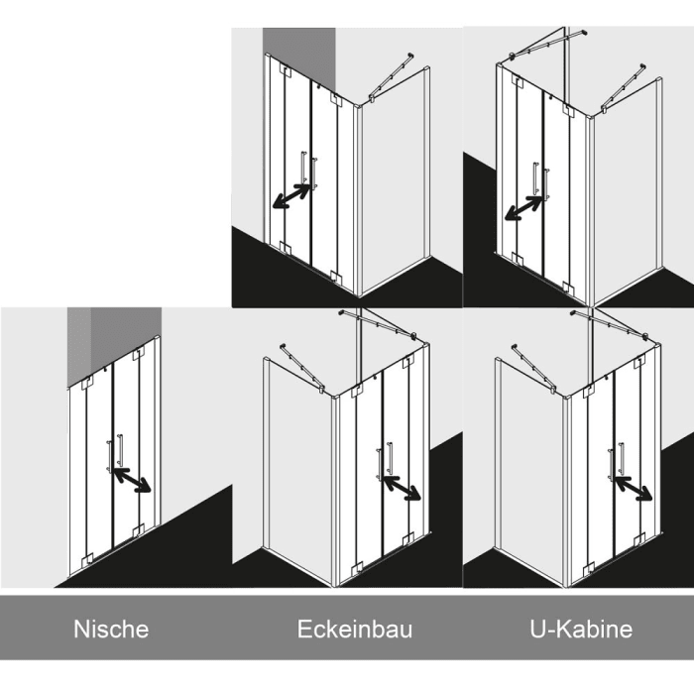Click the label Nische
click(x=111, y=629)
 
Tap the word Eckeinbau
click(x=355, y=629)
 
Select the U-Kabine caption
click(x=581, y=629)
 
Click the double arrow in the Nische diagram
click(x=132, y=480)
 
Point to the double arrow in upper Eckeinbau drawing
click(x=291, y=196)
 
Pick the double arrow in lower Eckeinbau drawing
click(x=402, y=488)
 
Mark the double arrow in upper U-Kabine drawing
click(x=524, y=208)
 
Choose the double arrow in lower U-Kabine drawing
click(x=634, y=488)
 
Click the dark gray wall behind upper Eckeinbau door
click(x=299, y=54)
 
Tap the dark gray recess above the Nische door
click(x=114, y=341)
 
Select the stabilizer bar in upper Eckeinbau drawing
click(x=392, y=77)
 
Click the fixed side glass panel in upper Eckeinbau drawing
click(x=394, y=181)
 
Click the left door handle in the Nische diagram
click(x=109, y=456)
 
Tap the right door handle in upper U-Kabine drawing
click(x=547, y=183)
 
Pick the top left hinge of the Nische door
click(x=87, y=383)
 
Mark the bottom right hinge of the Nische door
click(x=139, y=529)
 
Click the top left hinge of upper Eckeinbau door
click(x=285, y=70)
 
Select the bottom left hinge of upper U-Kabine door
click(x=518, y=259)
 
